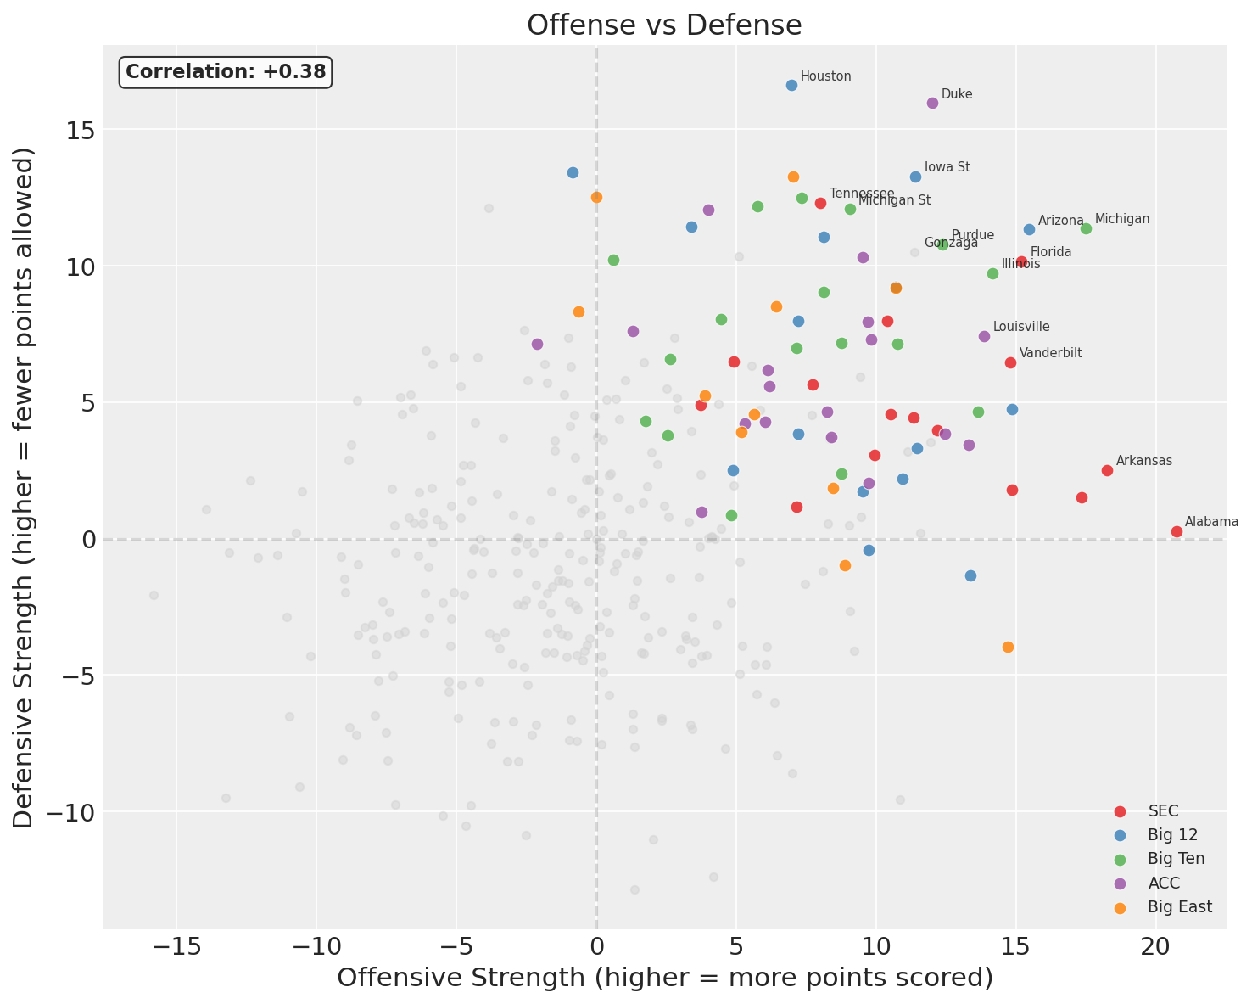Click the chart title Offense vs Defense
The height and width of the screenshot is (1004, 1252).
click(664, 25)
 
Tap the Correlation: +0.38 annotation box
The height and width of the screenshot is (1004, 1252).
click(226, 72)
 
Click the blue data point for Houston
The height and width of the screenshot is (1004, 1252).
click(791, 85)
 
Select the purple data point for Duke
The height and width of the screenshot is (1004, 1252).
click(932, 103)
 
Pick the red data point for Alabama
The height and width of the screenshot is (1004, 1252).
click(1177, 531)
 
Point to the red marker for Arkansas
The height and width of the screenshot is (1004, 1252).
click(1107, 470)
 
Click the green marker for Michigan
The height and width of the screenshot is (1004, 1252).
click(1086, 228)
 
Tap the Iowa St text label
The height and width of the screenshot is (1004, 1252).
click(947, 167)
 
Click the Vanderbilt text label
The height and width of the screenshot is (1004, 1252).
click(1050, 353)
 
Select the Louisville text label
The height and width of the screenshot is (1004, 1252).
click(1021, 327)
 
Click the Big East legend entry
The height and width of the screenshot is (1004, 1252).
click(1179, 907)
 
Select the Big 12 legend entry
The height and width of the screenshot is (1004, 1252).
click(1171, 835)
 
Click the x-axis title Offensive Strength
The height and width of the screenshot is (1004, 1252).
click(664, 979)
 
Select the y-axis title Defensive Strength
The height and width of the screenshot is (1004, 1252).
click(25, 488)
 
